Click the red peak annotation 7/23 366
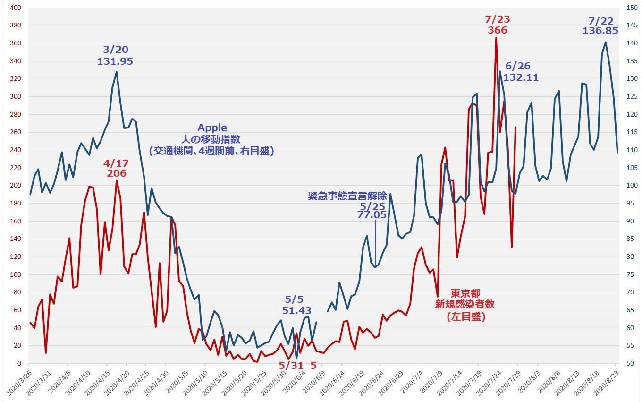click(x=498, y=25)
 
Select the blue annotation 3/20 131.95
click(x=115, y=55)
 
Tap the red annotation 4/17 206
click(x=116, y=168)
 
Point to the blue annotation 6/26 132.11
click(x=521, y=72)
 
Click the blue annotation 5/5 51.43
click(x=296, y=305)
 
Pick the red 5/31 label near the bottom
click(x=291, y=365)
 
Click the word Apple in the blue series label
click(x=212, y=128)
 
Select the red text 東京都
click(x=465, y=293)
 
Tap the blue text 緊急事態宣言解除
click(x=347, y=196)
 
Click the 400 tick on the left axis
click(x=16, y=8)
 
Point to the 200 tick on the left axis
click(x=16, y=186)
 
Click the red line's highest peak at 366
click(x=496, y=38)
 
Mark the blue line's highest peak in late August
click(x=606, y=43)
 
